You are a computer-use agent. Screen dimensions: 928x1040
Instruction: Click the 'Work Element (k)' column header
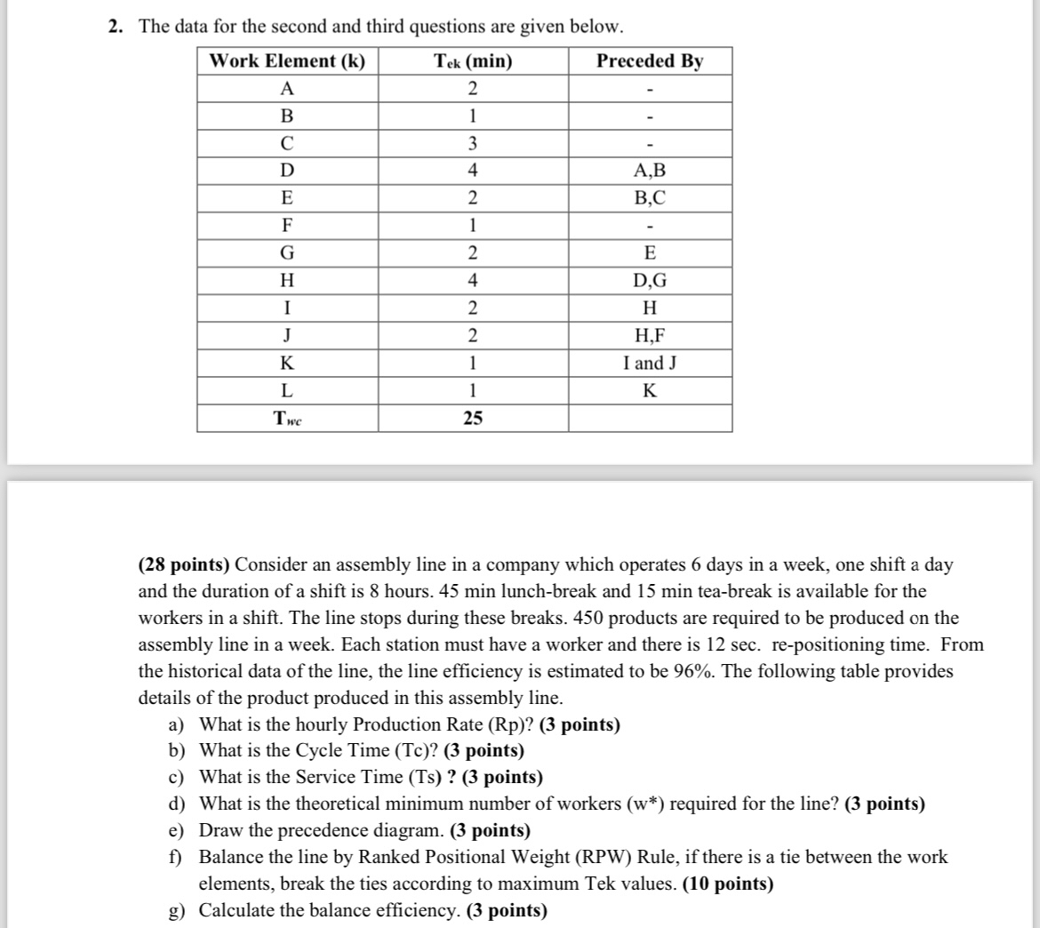[287, 61]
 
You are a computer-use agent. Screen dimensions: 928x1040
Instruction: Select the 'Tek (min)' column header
[472, 61]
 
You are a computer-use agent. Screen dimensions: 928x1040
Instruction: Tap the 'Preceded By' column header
[650, 61]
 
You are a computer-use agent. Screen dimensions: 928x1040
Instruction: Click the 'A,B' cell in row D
[650, 171]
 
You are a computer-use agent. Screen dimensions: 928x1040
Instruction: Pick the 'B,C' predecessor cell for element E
[650, 198]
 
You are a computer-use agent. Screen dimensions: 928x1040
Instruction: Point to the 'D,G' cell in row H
[650, 281]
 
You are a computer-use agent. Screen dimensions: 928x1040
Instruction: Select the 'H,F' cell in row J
[650, 336]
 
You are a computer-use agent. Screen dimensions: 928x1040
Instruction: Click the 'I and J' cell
[650, 364]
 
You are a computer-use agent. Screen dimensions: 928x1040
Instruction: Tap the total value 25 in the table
[473, 419]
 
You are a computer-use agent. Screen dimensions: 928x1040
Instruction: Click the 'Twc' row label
[287, 419]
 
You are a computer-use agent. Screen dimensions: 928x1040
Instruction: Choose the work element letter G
[287, 253]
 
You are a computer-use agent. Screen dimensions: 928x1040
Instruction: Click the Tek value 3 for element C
[473, 143]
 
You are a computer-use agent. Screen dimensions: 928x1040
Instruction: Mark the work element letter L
[287, 391]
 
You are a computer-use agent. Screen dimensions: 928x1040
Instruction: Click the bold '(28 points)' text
[184, 565]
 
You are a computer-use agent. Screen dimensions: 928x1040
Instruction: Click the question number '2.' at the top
[116, 27]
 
